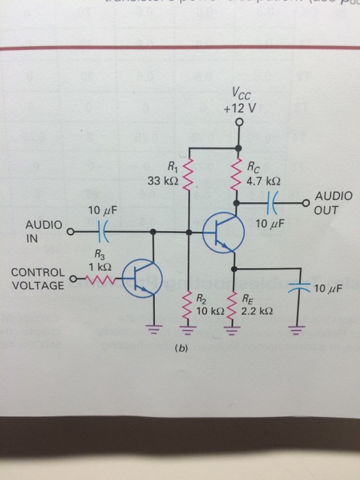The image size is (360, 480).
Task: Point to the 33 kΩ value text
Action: [x=163, y=182]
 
